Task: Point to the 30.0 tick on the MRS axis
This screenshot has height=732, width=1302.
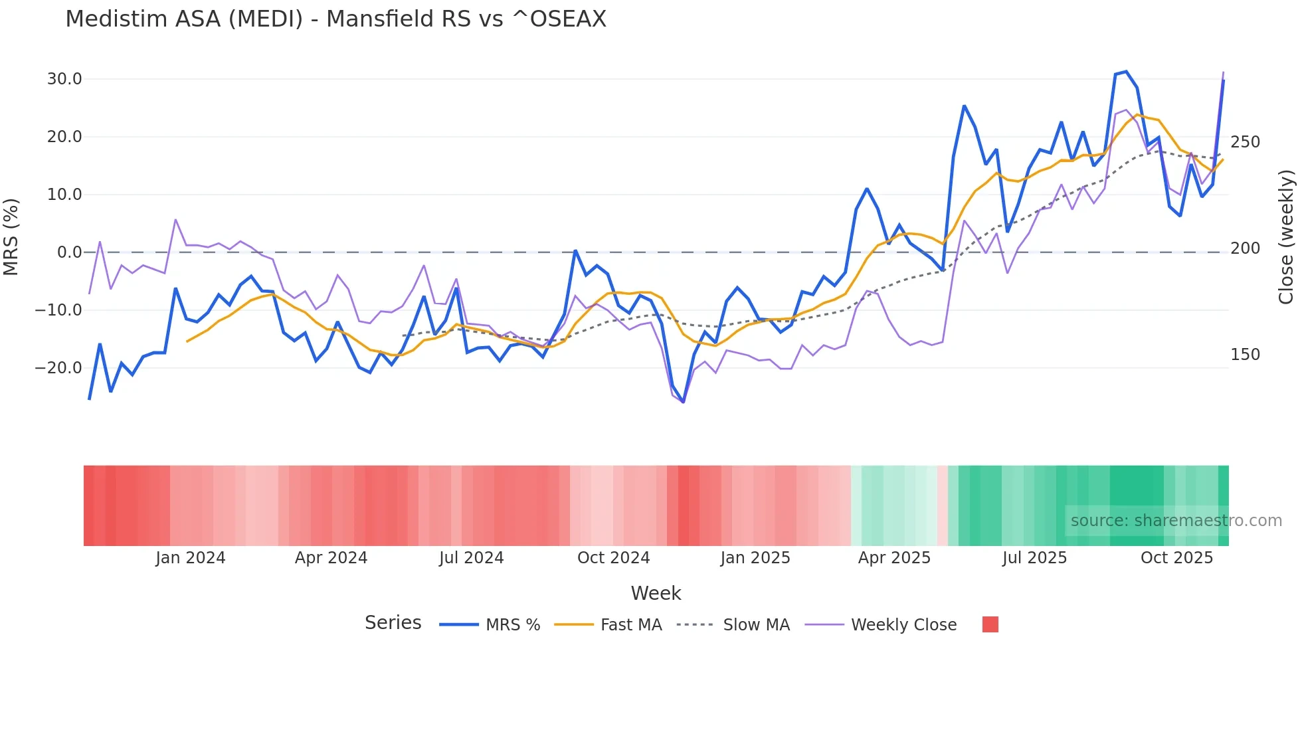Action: click(x=64, y=79)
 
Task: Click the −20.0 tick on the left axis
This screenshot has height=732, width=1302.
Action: click(x=59, y=367)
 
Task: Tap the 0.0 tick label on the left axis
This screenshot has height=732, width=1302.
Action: click(x=70, y=252)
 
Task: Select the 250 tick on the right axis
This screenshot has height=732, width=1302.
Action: click(x=1245, y=142)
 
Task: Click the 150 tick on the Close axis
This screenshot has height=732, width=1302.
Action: click(x=1245, y=355)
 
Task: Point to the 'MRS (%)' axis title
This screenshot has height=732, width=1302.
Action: click(x=11, y=237)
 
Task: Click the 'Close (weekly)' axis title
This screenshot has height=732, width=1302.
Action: click(x=1286, y=237)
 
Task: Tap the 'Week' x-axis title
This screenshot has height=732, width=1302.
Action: click(x=656, y=593)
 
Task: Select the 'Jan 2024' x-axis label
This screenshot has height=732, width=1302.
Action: click(x=191, y=558)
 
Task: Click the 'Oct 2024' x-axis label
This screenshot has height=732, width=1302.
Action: click(x=613, y=558)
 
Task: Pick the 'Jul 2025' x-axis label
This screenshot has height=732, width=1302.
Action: click(x=1034, y=558)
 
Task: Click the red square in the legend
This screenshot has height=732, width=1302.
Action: click(x=990, y=624)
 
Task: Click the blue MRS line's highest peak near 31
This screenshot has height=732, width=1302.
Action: click(x=1126, y=72)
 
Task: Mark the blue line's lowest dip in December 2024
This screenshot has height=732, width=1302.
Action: click(x=683, y=402)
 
